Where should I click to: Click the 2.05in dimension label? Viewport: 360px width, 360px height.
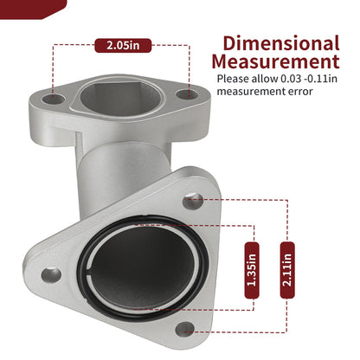(x=123, y=45)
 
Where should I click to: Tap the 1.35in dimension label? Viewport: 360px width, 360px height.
(x=252, y=270)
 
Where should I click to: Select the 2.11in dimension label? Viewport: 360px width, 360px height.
(x=287, y=270)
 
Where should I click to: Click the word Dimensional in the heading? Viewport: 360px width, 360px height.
(x=281, y=43)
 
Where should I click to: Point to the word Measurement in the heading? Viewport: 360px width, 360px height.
(x=275, y=61)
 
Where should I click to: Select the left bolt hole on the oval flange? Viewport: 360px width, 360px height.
(x=53, y=100)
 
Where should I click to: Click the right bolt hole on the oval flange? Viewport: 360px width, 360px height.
(x=187, y=94)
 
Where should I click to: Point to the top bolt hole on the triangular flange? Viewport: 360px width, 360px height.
(x=193, y=202)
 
